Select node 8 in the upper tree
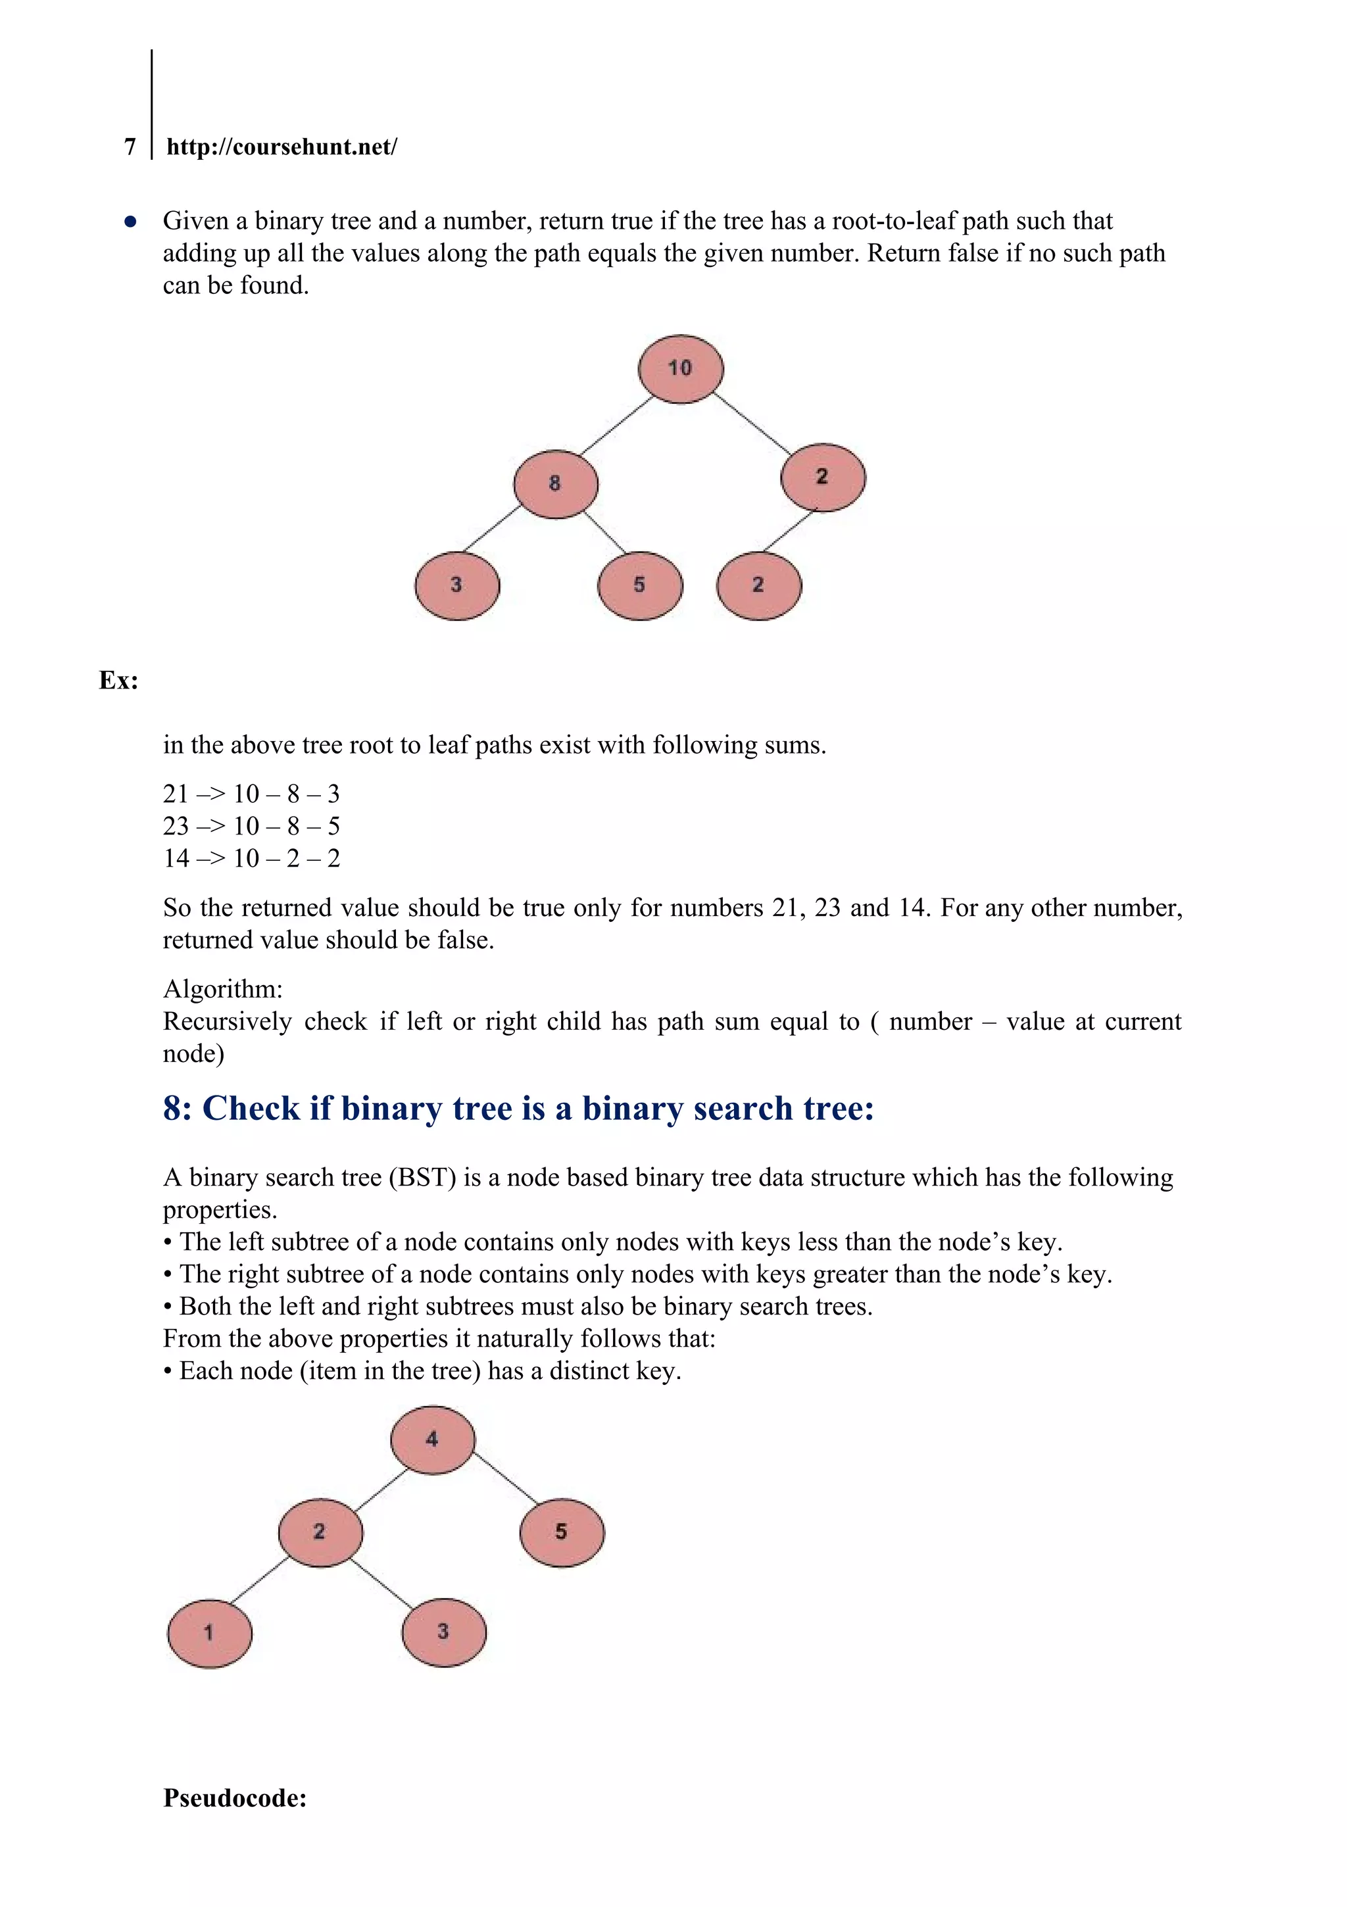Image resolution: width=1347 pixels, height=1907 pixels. [x=555, y=484]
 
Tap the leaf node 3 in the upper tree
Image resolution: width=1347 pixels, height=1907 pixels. [x=457, y=585]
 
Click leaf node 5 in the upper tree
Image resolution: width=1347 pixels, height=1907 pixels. [x=640, y=585]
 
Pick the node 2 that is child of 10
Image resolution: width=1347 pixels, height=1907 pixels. [x=823, y=477]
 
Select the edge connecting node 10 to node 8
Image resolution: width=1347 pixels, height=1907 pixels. [x=616, y=426]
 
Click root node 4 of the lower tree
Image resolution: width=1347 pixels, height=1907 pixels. [x=432, y=1439]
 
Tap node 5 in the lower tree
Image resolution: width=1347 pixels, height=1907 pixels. [x=562, y=1532]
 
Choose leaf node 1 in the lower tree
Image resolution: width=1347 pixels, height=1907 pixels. [x=209, y=1633]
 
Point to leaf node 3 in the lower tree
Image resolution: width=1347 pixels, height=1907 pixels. [x=444, y=1632]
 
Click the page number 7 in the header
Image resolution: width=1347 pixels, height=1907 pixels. [x=130, y=147]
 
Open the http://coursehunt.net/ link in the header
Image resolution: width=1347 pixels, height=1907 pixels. [x=282, y=147]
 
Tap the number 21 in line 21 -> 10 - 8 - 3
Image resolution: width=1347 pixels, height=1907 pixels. [x=176, y=794]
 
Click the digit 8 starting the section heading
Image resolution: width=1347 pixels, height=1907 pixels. [x=172, y=1109]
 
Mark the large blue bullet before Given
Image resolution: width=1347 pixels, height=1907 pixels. [x=130, y=222]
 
